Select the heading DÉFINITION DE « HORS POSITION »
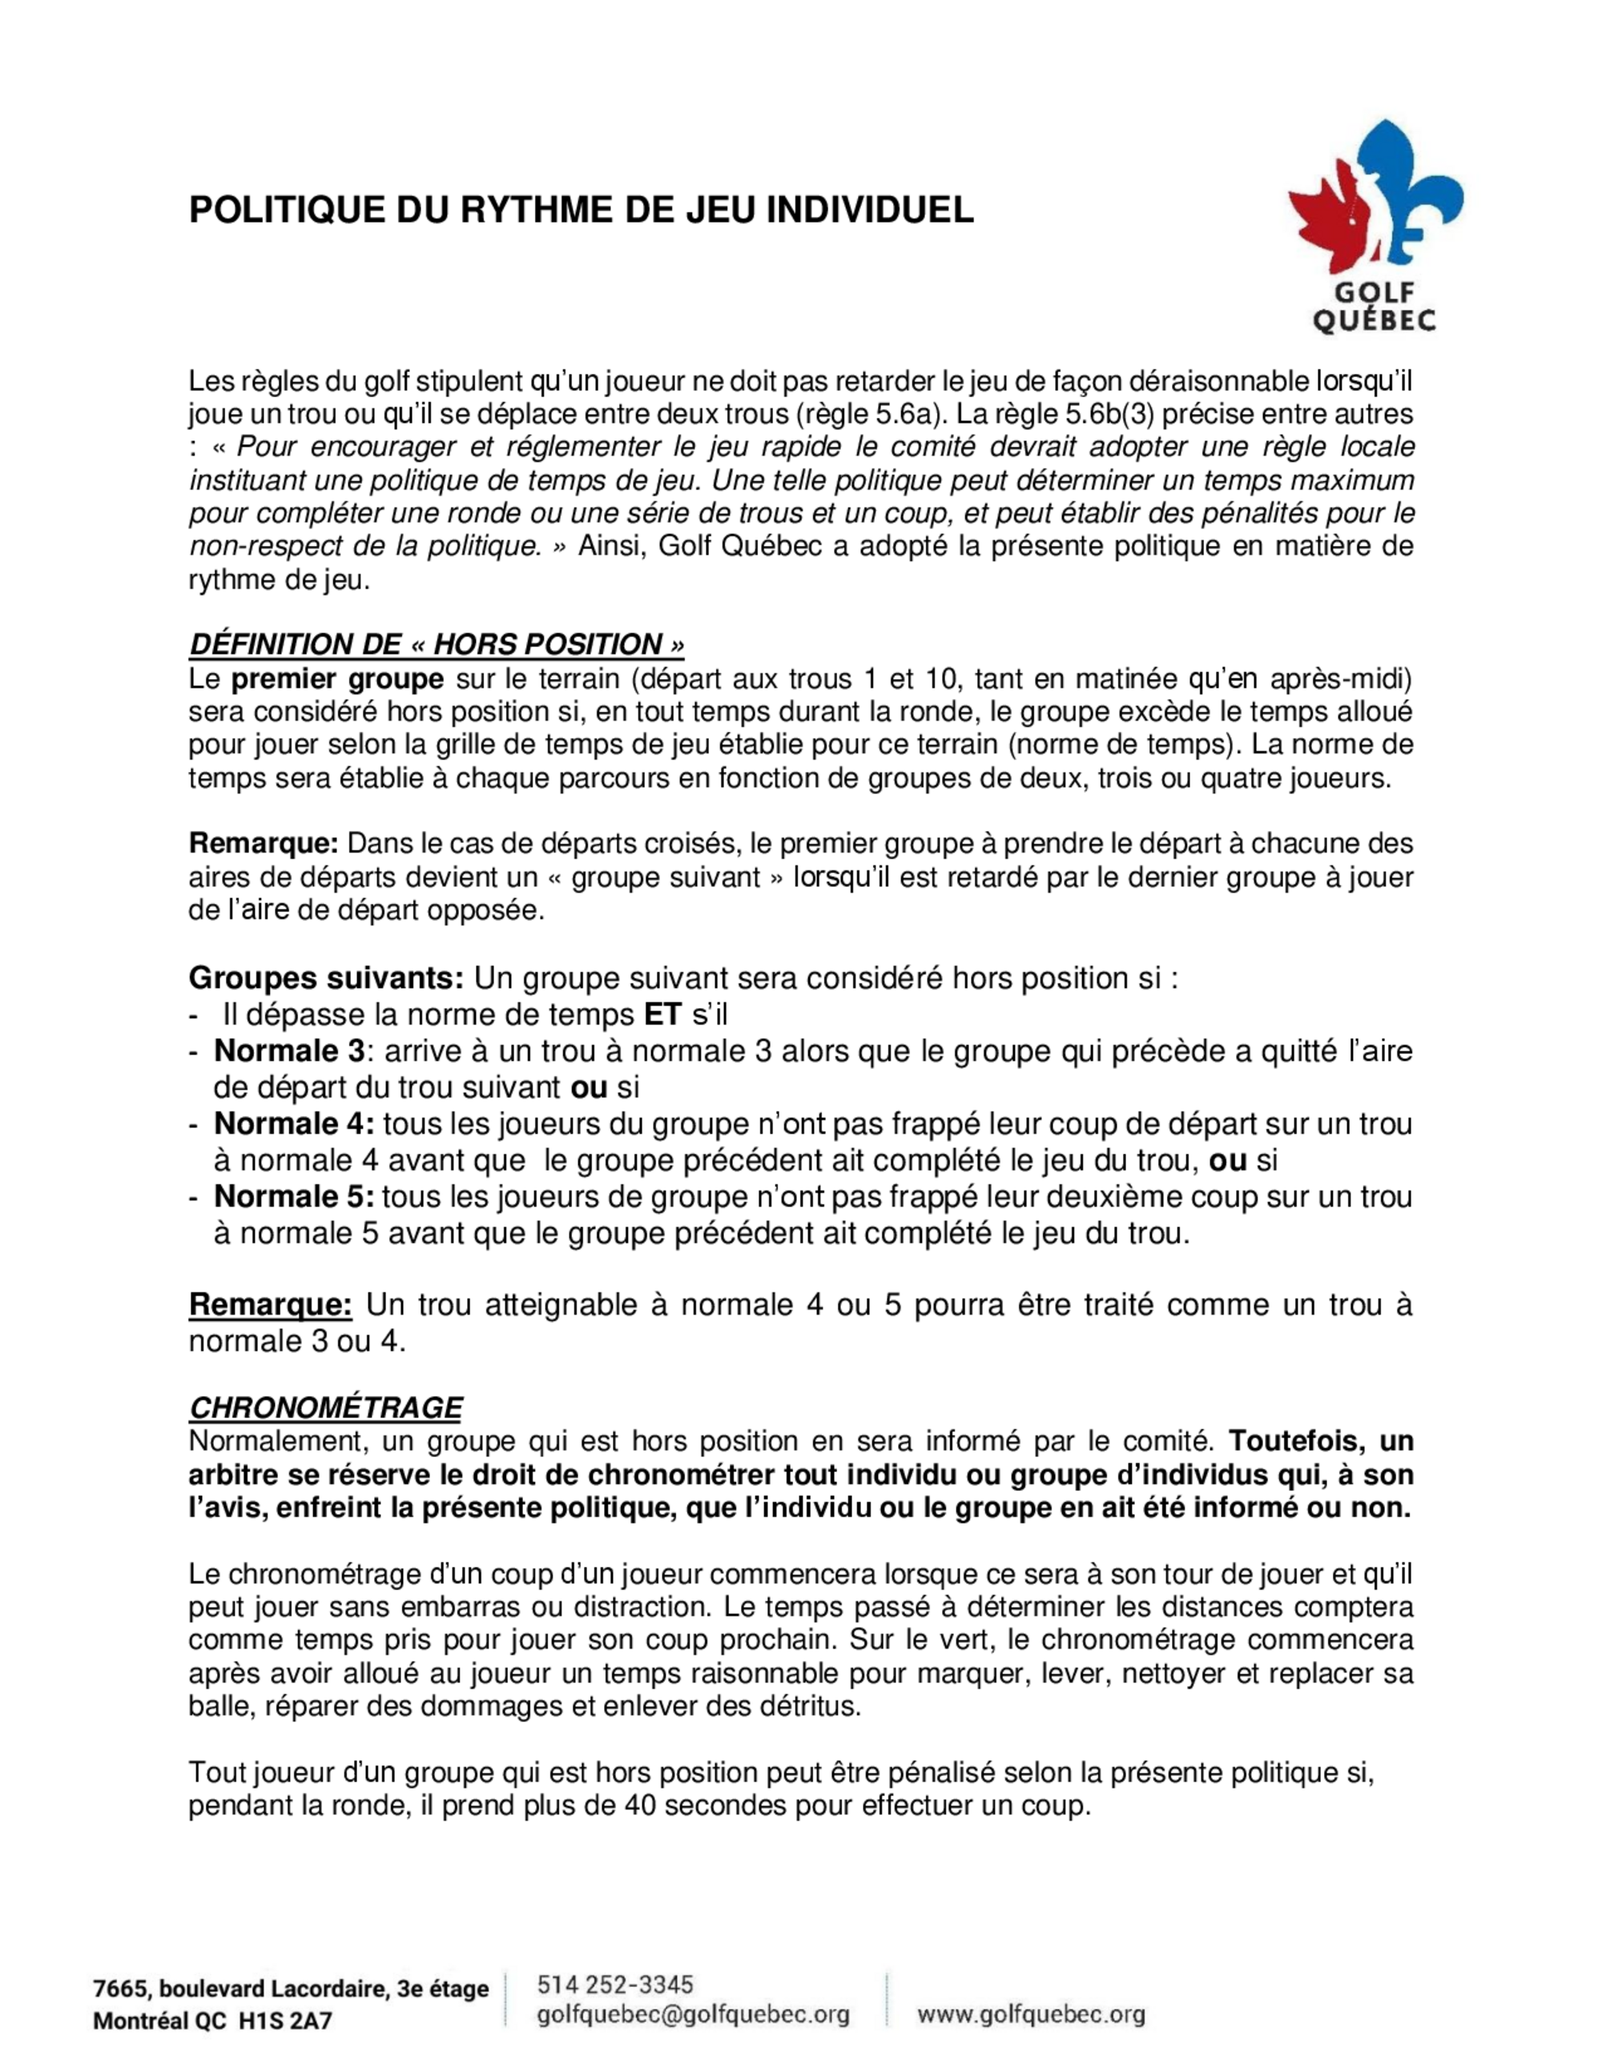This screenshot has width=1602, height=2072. (x=437, y=644)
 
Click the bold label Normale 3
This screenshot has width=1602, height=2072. (x=289, y=1051)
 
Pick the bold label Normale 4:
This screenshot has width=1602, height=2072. (x=294, y=1124)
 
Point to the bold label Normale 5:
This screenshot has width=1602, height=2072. (x=294, y=1197)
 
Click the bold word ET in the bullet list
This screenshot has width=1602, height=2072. (x=662, y=1015)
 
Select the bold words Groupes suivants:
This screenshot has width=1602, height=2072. (x=325, y=978)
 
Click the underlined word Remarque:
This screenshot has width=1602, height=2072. (x=271, y=1304)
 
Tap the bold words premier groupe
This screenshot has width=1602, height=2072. (x=338, y=679)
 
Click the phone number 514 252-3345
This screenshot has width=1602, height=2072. (x=615, y=1985)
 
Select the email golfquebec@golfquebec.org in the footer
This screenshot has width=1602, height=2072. (x=693, y=2015)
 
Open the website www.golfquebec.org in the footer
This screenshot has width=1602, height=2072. (x=1031, y=2015)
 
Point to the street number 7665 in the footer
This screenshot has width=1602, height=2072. (x=117, y=1990)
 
